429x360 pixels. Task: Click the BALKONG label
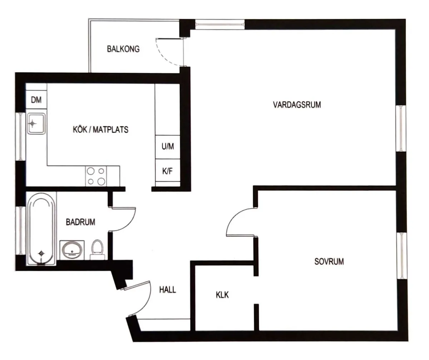[x=123, y=49]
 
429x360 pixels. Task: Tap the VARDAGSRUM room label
[x=297, y=105]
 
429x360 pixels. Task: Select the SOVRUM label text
[x=329, y=262]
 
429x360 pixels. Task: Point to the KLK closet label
[x=222, y=295]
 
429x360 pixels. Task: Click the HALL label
[x=167, y=290]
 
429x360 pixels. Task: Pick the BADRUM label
[x=80, y=222]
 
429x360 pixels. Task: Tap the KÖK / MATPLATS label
[x=100, y=130]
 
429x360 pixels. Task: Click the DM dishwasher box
[x=36, y=100]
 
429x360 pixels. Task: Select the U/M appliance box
[x=167, y=146]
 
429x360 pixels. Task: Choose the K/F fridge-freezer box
[x=167, y=171]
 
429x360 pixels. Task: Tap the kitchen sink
[x=36, y=123]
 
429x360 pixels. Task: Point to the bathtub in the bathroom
[x=41, y=229]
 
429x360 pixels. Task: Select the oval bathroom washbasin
[x=72, y=249]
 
